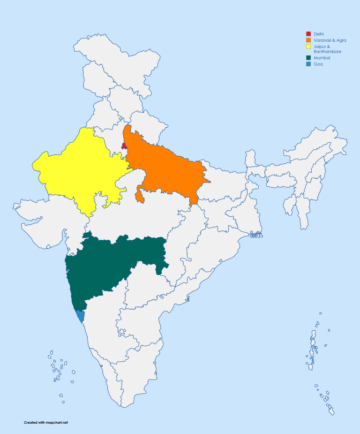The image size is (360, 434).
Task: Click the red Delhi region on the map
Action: [x=124, y=146]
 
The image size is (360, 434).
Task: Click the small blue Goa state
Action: [x=80, y=316]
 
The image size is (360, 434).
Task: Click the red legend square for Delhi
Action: [x=308, y=34]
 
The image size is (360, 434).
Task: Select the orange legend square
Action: [x=308, y=40]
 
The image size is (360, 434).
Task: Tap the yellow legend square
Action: [x=308, y=47]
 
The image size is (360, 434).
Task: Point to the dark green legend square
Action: [x=308, y=58]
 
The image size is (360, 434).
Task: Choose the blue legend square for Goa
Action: [x=308, y=64]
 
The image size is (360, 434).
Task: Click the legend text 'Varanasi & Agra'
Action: [x=330, y=40]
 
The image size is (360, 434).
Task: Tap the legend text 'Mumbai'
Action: [x=322, y=58]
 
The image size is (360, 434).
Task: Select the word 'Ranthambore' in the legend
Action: [x=327, y=51]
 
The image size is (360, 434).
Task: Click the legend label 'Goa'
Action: [x=318, y=64]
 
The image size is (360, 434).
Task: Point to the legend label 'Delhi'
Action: [x=319, y=34]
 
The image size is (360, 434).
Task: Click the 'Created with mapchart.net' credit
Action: [x=46, y=423]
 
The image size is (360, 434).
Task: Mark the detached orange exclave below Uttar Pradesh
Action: [x=139, y=197]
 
